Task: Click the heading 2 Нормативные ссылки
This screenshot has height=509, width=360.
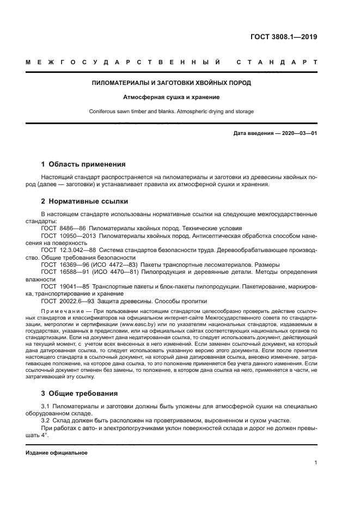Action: click(x=84, y=201)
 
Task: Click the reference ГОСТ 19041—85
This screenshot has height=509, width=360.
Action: click(x=64, y=286)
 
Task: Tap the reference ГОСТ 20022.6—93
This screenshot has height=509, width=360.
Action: click(x=66, y=301)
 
